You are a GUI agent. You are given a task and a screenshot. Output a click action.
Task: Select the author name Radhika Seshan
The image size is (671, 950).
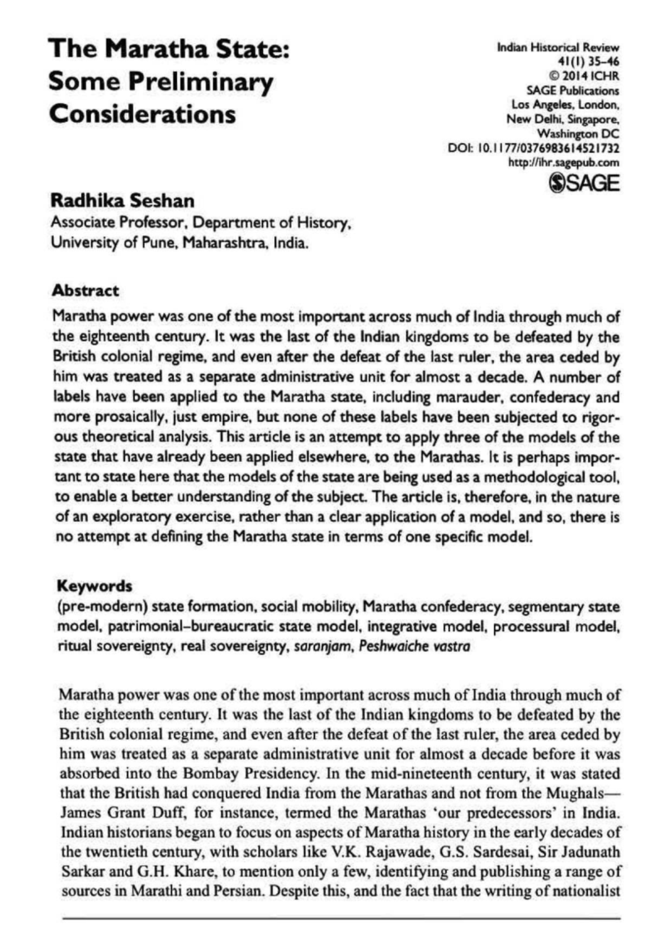tap(122, 200)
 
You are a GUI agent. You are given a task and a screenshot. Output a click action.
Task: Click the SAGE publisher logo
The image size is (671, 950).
tap(585, 183)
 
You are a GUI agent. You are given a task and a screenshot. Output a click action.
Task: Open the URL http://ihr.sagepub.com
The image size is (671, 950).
tap(563, 162)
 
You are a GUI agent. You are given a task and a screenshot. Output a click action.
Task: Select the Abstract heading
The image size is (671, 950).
tap(86, 291)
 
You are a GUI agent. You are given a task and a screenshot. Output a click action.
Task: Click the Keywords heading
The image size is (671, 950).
tap(95, 586)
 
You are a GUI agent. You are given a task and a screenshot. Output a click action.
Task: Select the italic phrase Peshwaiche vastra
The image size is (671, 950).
tap(414, 647)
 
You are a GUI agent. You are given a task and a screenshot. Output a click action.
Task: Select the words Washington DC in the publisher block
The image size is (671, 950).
tap(578, 134)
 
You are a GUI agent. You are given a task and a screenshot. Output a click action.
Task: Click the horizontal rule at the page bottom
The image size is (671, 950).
tap(341, 919)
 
